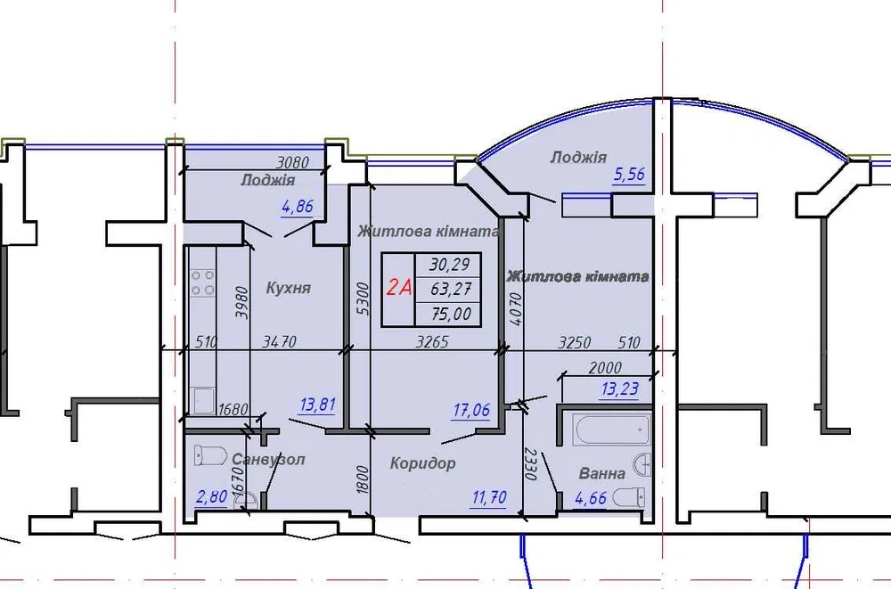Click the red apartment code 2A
point(398,288)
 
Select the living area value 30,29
point(449,265)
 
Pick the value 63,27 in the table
point(451,289)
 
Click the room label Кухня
point(288,288)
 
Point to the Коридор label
point(422,463)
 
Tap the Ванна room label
point(601,473)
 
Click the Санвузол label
point(268,459)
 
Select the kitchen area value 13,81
point(318,405)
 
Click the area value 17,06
point(471,410)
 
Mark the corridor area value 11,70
point(488,498)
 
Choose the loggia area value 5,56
point(629,174)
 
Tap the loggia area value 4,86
point(298,207)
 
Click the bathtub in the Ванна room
point(611,429)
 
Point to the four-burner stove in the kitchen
point(202,282)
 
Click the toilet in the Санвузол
point(210,454)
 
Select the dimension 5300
point(364,299)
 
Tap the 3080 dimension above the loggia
point(292,162)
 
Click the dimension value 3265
point(432,341)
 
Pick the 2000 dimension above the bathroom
point(605,367)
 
